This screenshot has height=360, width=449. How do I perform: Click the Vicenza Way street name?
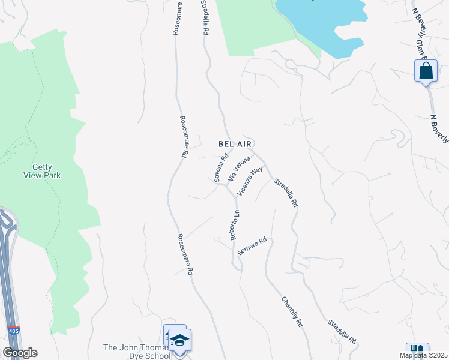pyautogui.click(x=250, y=181)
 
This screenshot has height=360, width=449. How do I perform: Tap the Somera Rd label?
pyautogui.click(x=252, y=247)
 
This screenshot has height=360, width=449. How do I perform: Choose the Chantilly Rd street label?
pyautogui.click(x=293, y=311)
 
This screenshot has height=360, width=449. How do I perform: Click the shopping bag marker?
pyautogui.click(x=426, y=71)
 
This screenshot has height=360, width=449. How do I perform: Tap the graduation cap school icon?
pyautogui.click(x=179, y=340)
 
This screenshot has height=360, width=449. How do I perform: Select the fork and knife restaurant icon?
pyautogui.click(x=417, y=351)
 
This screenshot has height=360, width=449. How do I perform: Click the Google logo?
pyautogui.click(x=20, y=353)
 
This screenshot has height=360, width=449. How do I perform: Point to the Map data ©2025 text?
pyautogui.click(x=423, y=355)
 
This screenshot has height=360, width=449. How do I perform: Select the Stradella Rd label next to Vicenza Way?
pyautogui.click(x=286, y=193)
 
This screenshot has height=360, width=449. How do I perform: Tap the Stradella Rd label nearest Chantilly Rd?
pyautogui.click(x=342, y=331)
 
